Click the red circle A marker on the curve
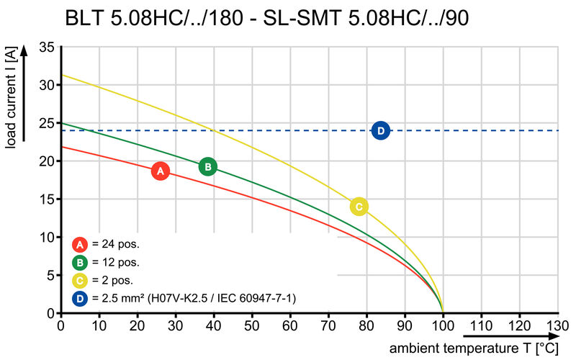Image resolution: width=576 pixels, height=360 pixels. point(161,171)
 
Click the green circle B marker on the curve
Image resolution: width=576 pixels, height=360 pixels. point(207,167)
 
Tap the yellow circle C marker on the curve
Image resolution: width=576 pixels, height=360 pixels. point(359,207)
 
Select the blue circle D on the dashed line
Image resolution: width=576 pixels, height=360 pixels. point(381,130)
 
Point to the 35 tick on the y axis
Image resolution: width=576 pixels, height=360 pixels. point(45,48)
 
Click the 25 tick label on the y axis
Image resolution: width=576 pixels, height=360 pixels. point(45,123)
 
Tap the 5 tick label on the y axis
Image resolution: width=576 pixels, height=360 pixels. point(49,275)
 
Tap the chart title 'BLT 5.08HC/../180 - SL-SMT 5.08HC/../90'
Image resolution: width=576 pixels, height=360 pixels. point(266,17)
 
